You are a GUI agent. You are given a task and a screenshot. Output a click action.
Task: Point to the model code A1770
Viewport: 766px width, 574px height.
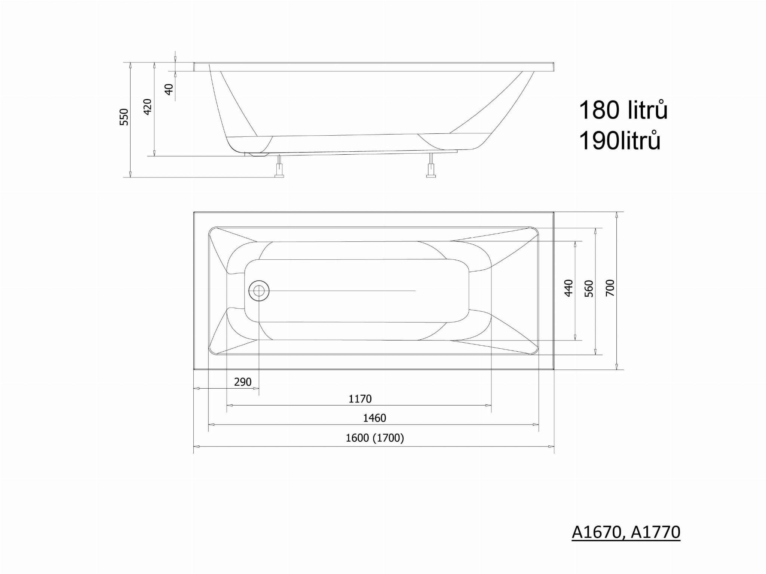(x=656, y=532)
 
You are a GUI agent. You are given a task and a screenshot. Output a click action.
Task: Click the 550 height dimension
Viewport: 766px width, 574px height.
(x=124, y=117)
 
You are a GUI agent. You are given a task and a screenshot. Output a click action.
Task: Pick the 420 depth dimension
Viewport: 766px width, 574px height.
(x=148, y=107)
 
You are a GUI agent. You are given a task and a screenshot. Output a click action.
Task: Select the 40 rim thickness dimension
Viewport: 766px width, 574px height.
(x=169, y=89)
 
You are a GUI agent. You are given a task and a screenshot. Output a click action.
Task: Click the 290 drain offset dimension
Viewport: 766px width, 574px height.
(x=243, y=382)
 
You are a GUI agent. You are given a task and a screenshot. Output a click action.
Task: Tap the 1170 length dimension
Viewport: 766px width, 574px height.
(x=360, y=399)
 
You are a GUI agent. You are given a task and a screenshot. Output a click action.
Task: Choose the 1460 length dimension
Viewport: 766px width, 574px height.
(x=374, y=418)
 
